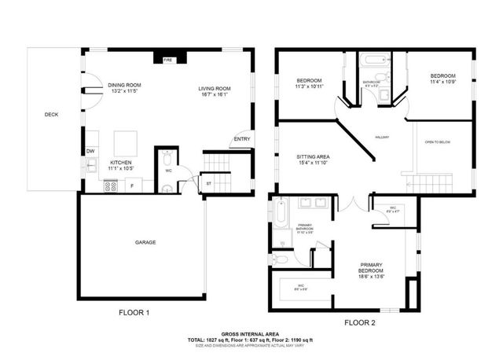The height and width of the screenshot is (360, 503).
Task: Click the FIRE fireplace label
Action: (x=167, y=60)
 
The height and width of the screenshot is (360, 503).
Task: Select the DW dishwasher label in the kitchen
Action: (x=91, y=151)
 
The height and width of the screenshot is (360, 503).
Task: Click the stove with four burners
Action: (x=111, y=186)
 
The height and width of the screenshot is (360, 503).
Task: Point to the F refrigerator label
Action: (x=131, y=186)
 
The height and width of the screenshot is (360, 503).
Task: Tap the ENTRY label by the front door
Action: (x=241, y=141)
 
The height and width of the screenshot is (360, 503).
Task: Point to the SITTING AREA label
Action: (x=312, y=156)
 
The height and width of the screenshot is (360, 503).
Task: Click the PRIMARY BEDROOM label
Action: (x=376, y=265)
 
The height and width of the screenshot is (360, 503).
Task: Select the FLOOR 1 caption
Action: (x=134, y=312)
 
